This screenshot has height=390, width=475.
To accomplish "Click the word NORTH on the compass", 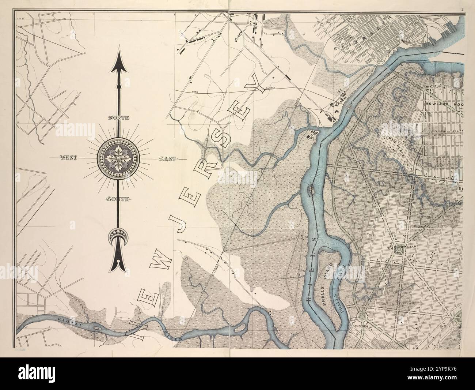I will click(118, 118).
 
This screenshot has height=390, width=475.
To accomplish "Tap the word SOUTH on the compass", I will click(118, 199).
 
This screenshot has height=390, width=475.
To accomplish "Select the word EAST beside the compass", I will click(167, 159).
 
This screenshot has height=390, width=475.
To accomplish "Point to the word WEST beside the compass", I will click(68, 158).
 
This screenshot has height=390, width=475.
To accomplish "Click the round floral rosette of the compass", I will click(118, 158).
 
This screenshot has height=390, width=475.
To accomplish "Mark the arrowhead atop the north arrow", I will click(118, 62).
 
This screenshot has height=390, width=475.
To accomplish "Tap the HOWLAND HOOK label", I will click(444, 104).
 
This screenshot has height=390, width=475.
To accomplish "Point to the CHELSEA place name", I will click(361, 324).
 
